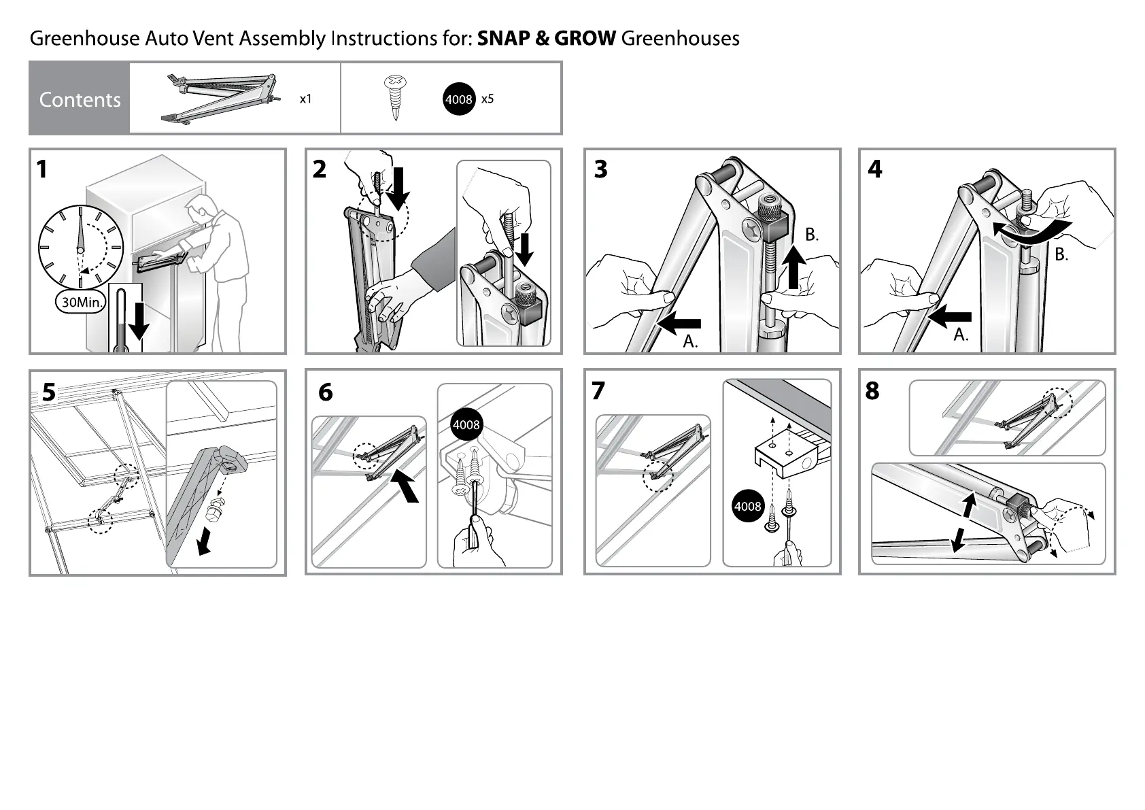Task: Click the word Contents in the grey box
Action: click(x=80, y=99)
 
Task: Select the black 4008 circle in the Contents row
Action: click(x=459, y=99)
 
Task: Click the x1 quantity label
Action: click(x=306, y=99)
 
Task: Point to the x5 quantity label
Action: click(x=488, y=99)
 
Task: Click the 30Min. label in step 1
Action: click(x=80, y=302)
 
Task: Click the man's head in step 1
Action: click(x=201, y=207)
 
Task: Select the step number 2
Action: click(x=320, y=169)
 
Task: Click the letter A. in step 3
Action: click(x=690, y=341)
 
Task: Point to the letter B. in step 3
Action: click(x=812, y=235)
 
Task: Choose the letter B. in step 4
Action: click(x=1061, y=255)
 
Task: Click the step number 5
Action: click(x=49, y=392)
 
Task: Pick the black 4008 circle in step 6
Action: click(x=466, y=425)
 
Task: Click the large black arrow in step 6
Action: click(x=406, y=487)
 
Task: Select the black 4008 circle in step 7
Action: click(x=748, y=507)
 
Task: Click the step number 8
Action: click(x=872, y=391)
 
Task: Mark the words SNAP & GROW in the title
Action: click(x=547, y=38)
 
